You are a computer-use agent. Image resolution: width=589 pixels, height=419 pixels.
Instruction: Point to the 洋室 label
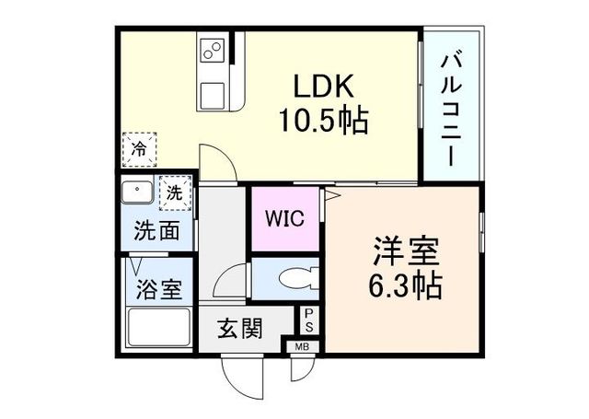pos(407,251)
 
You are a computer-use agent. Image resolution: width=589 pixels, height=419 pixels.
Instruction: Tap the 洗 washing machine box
pos(175,193)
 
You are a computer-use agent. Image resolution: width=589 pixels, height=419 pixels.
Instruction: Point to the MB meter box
pos(302,347)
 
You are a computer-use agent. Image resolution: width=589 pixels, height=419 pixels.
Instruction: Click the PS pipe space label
pos(309,320)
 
